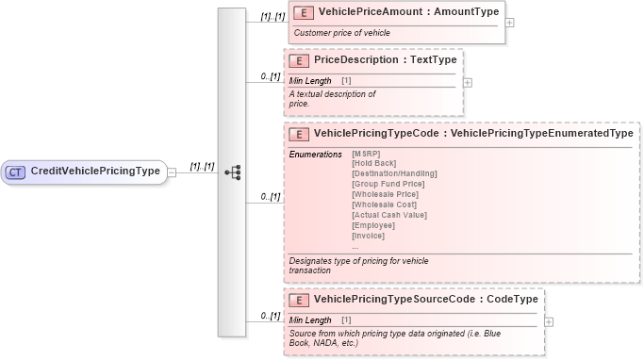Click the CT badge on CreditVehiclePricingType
[16, 172]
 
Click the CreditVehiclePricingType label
[94, 172]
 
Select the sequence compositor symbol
[233, 172]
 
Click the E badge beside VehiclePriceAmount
[305, 12]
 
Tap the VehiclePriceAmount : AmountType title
[408, 12]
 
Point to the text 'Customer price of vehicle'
[341, 33]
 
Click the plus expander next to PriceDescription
[468, 82]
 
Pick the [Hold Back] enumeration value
[374, 163]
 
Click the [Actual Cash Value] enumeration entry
[388, 215]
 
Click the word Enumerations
[315, 154]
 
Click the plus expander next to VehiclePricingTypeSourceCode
[549, 321]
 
